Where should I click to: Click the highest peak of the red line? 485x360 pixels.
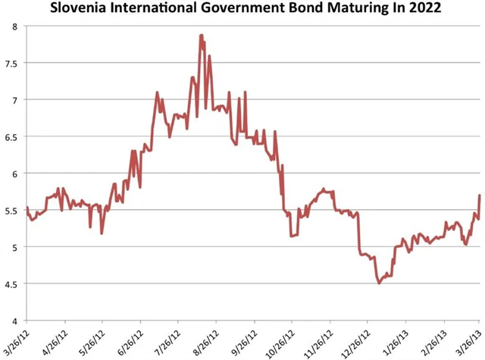coord(201,35)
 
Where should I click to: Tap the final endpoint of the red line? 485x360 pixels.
coord(480,196)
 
